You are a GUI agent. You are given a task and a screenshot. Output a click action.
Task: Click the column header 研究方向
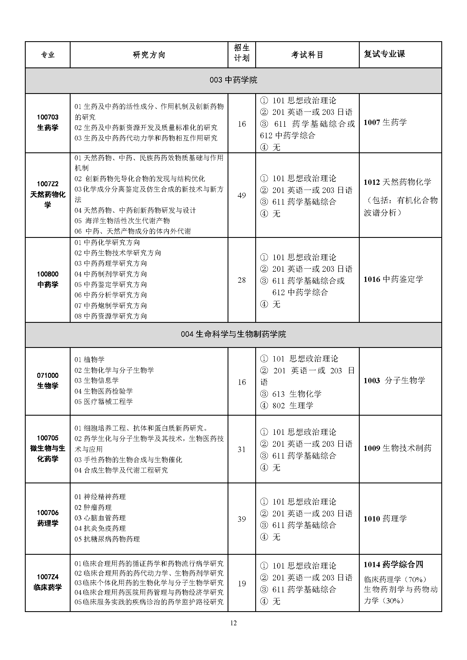tap(149, 55)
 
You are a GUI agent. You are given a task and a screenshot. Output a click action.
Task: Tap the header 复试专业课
tap(384, 54)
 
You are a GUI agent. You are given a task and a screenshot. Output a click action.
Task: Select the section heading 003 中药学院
tap(233, 80)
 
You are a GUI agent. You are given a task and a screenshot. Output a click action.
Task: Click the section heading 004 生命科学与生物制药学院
tap(233, 334)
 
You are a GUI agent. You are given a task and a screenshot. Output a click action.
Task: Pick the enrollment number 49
tap(242, 196)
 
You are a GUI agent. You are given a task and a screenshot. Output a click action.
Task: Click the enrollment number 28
tap(242, 280)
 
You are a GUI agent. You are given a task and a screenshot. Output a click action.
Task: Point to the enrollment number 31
tap(242, 449)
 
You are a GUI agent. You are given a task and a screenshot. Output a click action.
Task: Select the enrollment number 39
tap(242, 519)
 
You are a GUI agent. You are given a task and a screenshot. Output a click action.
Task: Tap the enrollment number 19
tap(242, 584)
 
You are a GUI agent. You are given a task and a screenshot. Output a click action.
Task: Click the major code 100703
tap(47, 117)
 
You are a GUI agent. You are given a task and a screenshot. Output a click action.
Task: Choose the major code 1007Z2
tap(47, 184)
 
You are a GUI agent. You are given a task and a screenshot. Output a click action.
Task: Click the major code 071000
tap(47, 375)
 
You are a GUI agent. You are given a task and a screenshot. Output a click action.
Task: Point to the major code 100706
tap(47, 512)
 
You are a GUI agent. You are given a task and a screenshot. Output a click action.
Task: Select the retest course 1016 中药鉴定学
tap(393, 279)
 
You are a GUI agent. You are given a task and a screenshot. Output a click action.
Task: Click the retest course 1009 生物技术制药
tap(398, 448)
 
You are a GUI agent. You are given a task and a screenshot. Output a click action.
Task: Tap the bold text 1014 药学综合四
tap(393, 565)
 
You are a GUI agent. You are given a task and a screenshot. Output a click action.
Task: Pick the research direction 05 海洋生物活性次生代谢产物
tap(122, 221)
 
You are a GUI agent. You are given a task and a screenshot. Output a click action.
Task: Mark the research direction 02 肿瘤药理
tap(93, 507)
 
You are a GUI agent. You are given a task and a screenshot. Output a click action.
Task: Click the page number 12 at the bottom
tap(233, 623)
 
